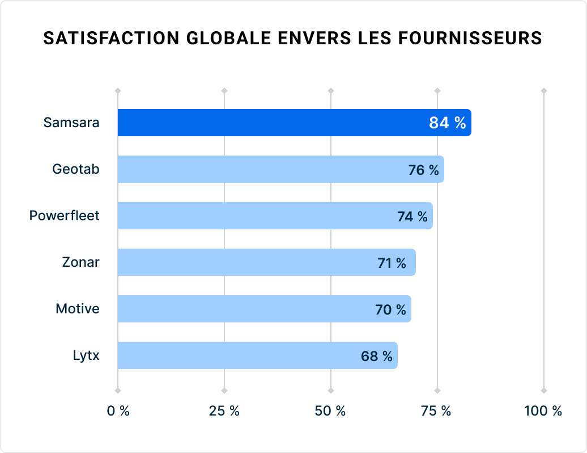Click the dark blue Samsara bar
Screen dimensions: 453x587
272,123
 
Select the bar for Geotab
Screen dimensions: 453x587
255,169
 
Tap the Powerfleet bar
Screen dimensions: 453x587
249,216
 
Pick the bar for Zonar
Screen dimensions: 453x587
238,262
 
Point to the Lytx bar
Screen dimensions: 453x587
227,355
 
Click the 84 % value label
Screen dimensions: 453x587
447,123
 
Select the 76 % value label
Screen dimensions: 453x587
423,170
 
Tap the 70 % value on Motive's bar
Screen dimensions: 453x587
390,309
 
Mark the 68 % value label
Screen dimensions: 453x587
377,356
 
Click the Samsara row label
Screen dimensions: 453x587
71,123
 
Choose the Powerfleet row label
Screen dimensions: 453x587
64,216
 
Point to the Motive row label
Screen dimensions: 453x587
77,309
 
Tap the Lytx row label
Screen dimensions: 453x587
86,356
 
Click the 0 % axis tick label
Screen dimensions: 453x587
118,411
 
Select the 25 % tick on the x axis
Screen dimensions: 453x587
224,411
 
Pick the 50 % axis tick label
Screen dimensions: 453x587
331,411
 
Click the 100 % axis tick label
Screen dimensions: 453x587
543,411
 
